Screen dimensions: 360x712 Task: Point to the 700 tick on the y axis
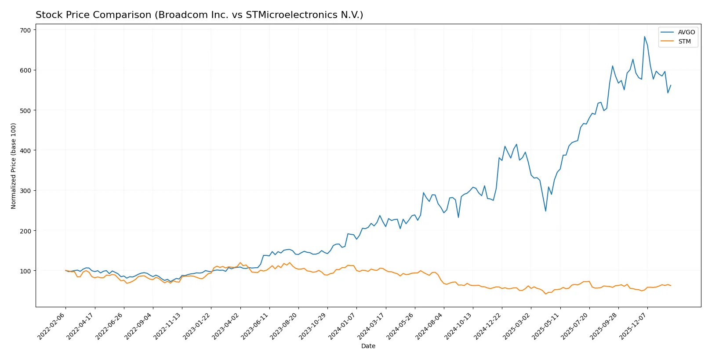25,30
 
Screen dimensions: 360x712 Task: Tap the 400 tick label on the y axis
25,151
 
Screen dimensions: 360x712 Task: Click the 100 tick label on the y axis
25,271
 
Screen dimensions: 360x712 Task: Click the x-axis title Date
368,346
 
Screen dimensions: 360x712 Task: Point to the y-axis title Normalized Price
14,166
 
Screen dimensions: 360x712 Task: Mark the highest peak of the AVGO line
644,36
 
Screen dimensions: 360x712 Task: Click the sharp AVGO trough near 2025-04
545,211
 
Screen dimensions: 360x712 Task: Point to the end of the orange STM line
671,286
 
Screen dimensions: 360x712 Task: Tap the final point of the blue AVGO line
671,85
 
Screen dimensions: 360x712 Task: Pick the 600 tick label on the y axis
25,70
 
